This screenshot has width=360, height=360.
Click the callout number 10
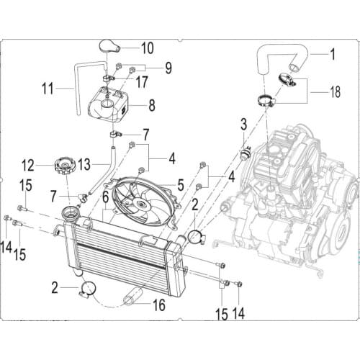147,49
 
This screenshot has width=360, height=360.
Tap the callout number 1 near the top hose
333,53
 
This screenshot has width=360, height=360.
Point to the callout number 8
151,105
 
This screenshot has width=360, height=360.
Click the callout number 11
48,91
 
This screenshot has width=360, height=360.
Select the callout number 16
158,305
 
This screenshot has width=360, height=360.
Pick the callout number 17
142,83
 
